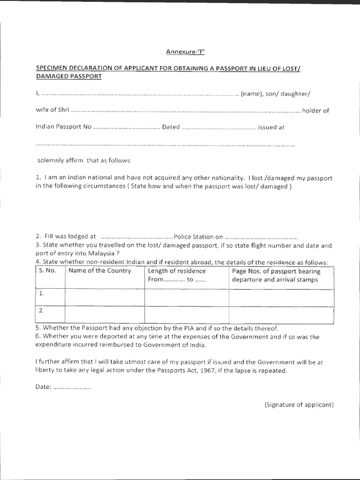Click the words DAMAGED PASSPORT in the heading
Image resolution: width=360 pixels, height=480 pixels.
[x=68, y=76]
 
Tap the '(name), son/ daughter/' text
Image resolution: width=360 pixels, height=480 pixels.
[x=276, y=94]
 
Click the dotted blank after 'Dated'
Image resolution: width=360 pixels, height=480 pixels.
[x=218, y=127]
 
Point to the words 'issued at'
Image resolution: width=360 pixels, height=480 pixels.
[x=271, y=127]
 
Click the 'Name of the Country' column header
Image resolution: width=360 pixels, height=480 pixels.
[x=100, y=271]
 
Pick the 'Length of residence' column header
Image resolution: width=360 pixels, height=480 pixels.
[x=177, y=271]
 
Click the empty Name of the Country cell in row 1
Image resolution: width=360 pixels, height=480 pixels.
[x=104, y=297]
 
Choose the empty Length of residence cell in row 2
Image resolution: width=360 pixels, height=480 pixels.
[x=186, y=314]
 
